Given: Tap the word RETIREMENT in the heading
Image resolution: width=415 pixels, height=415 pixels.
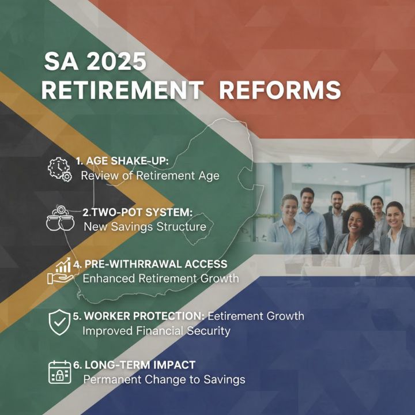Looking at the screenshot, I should [122, 91].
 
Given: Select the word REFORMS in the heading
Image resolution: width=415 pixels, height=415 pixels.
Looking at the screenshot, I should [280, 91].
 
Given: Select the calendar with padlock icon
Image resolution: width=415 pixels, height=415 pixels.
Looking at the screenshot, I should [59, 372].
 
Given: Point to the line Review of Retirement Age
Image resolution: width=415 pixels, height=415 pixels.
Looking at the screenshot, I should [150, 175].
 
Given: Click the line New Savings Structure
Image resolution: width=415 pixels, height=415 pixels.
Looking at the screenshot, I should [145, 227].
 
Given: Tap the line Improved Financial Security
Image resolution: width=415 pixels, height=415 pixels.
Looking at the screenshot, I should [156, 331].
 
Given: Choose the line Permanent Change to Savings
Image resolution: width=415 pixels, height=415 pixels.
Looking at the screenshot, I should [164, 380].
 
